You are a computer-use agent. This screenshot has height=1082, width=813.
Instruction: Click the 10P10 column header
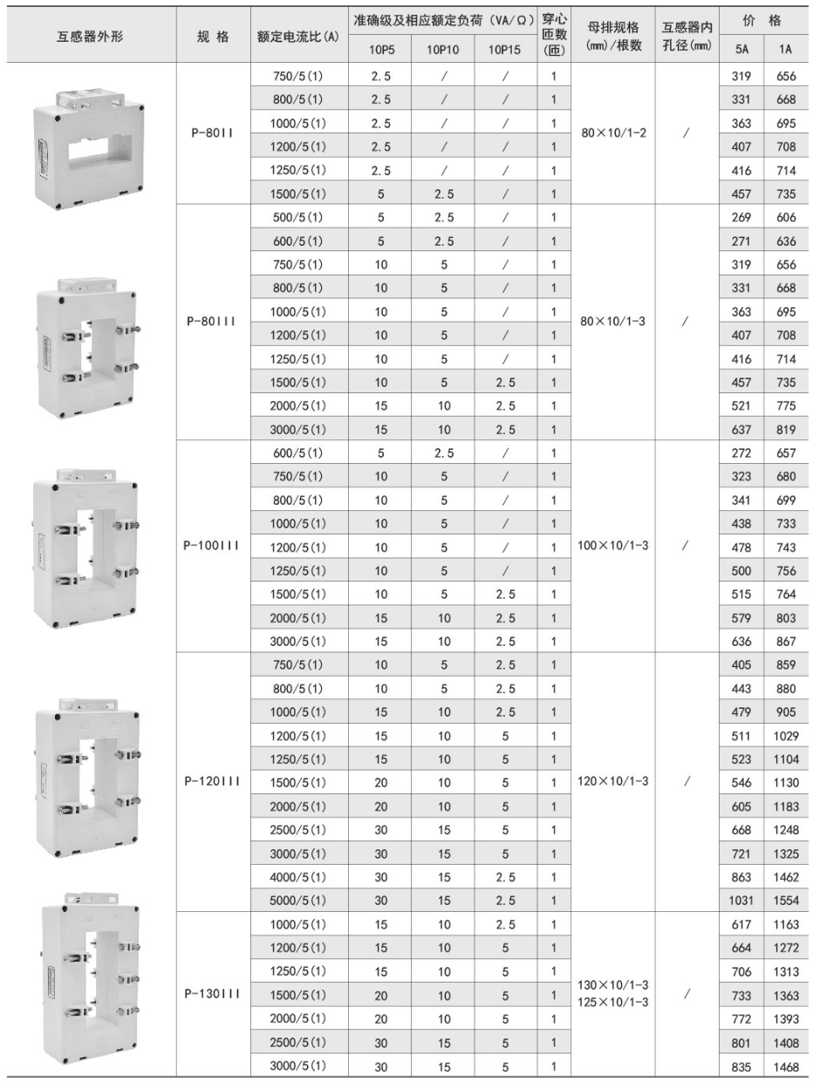pos(442,50)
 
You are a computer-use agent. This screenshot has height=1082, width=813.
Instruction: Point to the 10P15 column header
pos(504,50)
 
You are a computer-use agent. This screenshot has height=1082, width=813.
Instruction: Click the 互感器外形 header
pos(89,36)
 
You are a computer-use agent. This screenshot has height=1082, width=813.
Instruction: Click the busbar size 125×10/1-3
pos(612,1002)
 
